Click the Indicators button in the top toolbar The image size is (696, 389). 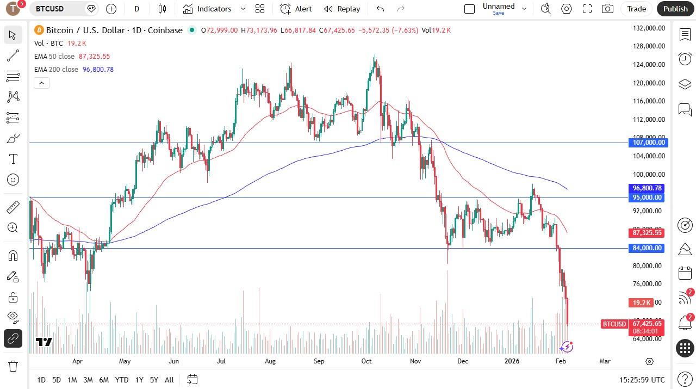[x=207, y=9]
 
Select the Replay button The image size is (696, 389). [x=342, y=9]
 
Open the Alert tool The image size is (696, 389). [x=296, y=9]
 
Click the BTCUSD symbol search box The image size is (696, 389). [x=57, y=9]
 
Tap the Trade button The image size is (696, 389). [x=636, y=9]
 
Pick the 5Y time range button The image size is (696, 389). [x=154, y=380]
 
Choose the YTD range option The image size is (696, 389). [x=122, y=380]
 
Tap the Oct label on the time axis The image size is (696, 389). [x=366, y=361]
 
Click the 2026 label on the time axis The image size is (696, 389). [x=512, y=361]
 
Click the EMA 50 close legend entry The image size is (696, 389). [x=54, y=57]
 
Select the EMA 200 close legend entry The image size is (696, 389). [x=56, y=70]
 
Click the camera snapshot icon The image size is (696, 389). [x=607, y=9]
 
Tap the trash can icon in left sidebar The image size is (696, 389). [x=13, y=366]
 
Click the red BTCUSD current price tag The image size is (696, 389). [x=614, y=324]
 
